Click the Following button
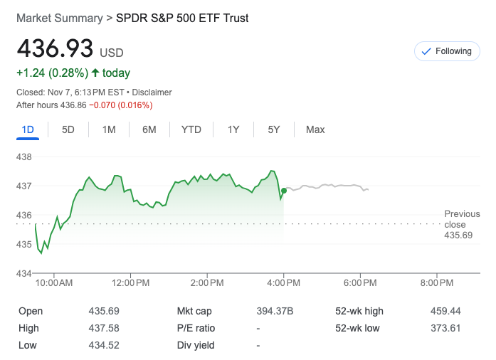coord(447,51)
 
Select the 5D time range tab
coord(68,129)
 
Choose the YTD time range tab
coord(191,129)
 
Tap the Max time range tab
coord(315,129)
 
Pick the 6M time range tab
coord(149,129)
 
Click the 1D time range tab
coord(28,129)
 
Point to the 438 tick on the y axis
coord(25,157)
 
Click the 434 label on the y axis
coord(25,274)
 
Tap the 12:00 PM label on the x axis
coord(132,283)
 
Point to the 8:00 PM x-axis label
coord(436,283)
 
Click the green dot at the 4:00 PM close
coord(284,191)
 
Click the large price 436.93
coord(56,48)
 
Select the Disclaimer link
coord(152,92)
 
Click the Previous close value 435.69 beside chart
coord(458,235)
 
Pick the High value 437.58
coord(105,329)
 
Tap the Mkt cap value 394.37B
coord(275,312)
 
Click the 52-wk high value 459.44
coord(445,312)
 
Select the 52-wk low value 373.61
coord(445,329)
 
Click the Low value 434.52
coord(105,346)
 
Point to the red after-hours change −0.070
coord(102,105)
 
